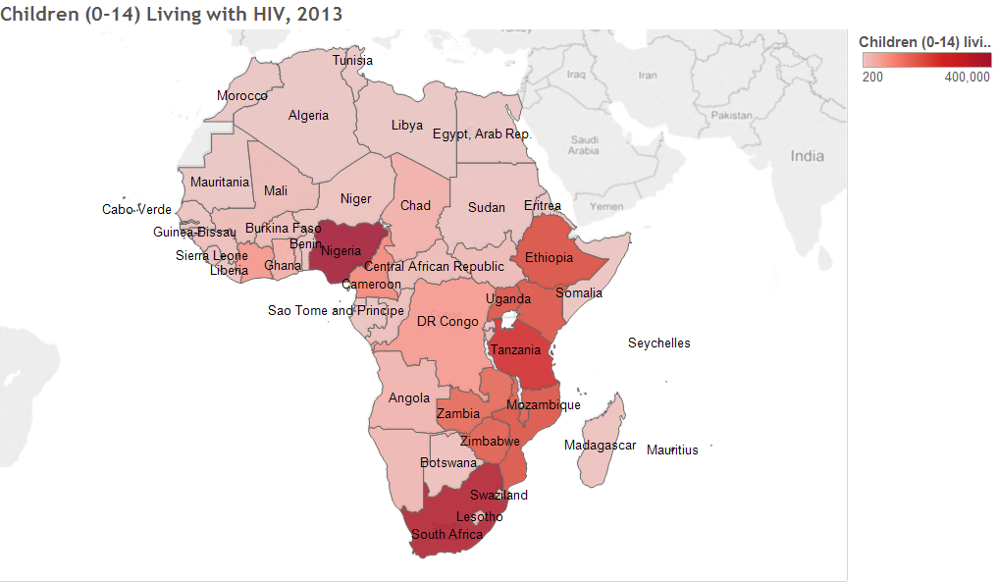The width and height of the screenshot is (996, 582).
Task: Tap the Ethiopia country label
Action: click(549, 258)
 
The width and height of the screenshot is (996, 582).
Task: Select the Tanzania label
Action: click(515, 350)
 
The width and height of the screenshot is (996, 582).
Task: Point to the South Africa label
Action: click(446, 535)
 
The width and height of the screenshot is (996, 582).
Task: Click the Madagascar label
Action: click(600, 446)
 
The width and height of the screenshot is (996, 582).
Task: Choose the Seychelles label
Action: click(658, 344)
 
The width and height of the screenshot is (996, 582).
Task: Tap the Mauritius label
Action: click(672, 450)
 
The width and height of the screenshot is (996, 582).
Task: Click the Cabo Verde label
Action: click(136, 210)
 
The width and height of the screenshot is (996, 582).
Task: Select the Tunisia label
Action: click(352, 61)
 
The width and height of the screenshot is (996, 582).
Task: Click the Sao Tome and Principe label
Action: click(336, 311)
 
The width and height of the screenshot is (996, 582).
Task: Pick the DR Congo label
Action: click(447, 322)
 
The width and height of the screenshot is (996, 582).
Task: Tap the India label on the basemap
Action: click(808, 156)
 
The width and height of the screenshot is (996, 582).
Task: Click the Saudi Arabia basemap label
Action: click(584, 145)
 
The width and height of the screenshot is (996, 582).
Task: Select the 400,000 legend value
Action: click(967, 77)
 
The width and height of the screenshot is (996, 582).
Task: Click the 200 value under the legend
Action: click(872, 77)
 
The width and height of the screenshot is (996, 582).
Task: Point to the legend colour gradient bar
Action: click(925, 59)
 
